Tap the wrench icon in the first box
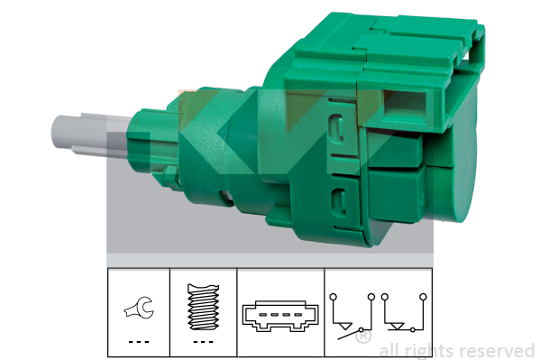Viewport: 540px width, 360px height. click(139, 308)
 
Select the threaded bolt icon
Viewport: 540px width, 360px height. click(203, 307)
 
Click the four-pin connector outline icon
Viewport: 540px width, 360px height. click(280, 316)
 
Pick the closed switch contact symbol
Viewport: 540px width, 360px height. click(404, 313)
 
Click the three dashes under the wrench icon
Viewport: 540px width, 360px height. click(139, 342)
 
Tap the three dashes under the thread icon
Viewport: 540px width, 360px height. click(203, 342)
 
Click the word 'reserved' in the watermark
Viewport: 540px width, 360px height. click(498, 351)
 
